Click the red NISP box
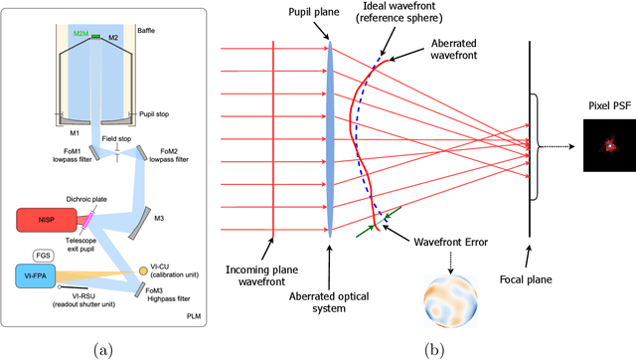(44, 190)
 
